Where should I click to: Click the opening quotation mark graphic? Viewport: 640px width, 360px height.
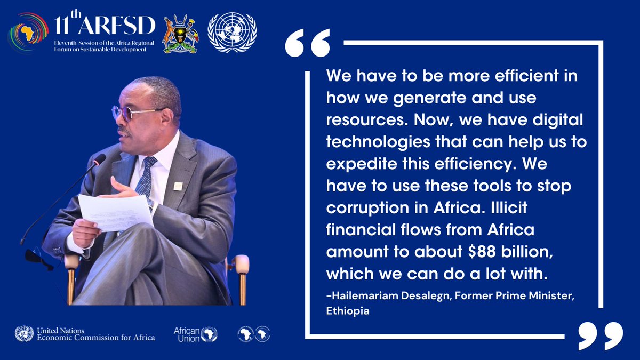pos(307,44)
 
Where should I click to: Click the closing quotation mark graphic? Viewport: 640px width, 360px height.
pos(600,335)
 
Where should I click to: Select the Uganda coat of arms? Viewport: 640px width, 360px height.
pos(180,33)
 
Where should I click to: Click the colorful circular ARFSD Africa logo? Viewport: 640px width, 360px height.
pos(28,33)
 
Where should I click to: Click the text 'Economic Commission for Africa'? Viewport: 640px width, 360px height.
pos(96,338)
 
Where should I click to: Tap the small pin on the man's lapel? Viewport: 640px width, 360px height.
pos(178,186)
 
